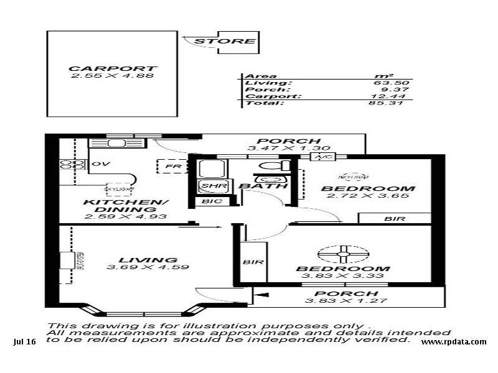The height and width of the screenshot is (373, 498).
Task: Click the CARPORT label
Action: point(113,68)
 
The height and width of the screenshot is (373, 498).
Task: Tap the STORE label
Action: point(225,42)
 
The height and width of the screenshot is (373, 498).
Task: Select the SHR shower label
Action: point(207,185)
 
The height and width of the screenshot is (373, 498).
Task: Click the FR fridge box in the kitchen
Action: point(168,167)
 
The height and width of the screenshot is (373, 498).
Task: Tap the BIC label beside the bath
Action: point(207,201)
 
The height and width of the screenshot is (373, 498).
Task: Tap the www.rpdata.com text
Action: point(453,342)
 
